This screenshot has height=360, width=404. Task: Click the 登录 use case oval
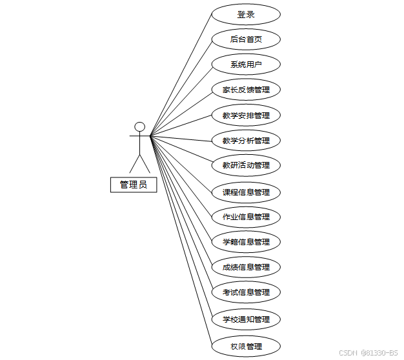pos(246,14)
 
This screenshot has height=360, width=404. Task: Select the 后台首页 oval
pos(246,39)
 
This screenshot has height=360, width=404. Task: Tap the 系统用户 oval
pos(246,65)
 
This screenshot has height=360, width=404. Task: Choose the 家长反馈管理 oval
pos(246,90)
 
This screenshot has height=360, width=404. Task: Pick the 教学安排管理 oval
pos(246,115)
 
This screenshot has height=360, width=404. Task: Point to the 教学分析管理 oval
pos(246,140)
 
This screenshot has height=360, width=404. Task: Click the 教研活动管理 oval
pos(246,165)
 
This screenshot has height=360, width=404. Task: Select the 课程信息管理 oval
pos(246,192)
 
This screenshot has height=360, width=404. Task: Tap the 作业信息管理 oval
pos(246,217)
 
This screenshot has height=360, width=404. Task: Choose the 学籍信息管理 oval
pos(246,242)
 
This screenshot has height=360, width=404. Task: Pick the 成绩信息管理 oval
pos(246,266)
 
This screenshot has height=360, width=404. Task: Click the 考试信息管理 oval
pos(246,292)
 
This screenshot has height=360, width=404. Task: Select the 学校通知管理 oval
pos(246,319)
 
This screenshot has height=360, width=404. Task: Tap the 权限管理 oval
pos(246,346)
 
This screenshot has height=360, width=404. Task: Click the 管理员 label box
pos(133,185)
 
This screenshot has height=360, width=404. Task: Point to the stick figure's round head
pos(139,126)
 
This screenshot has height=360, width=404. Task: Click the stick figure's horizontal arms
pos(139,136)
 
